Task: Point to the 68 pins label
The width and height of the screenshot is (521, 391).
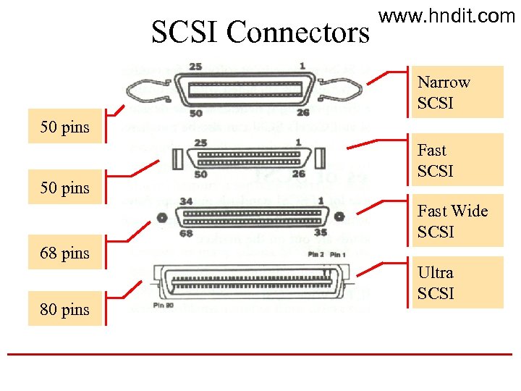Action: click(x=65, y=253)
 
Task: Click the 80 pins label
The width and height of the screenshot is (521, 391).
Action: click(x=65, y=309)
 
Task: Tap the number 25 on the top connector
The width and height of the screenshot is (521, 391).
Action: click(x=195, y=67)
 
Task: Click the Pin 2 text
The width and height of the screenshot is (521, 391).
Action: click(x=315, y=254)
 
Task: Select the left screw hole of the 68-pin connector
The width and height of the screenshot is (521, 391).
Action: click(x=162, y=216)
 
